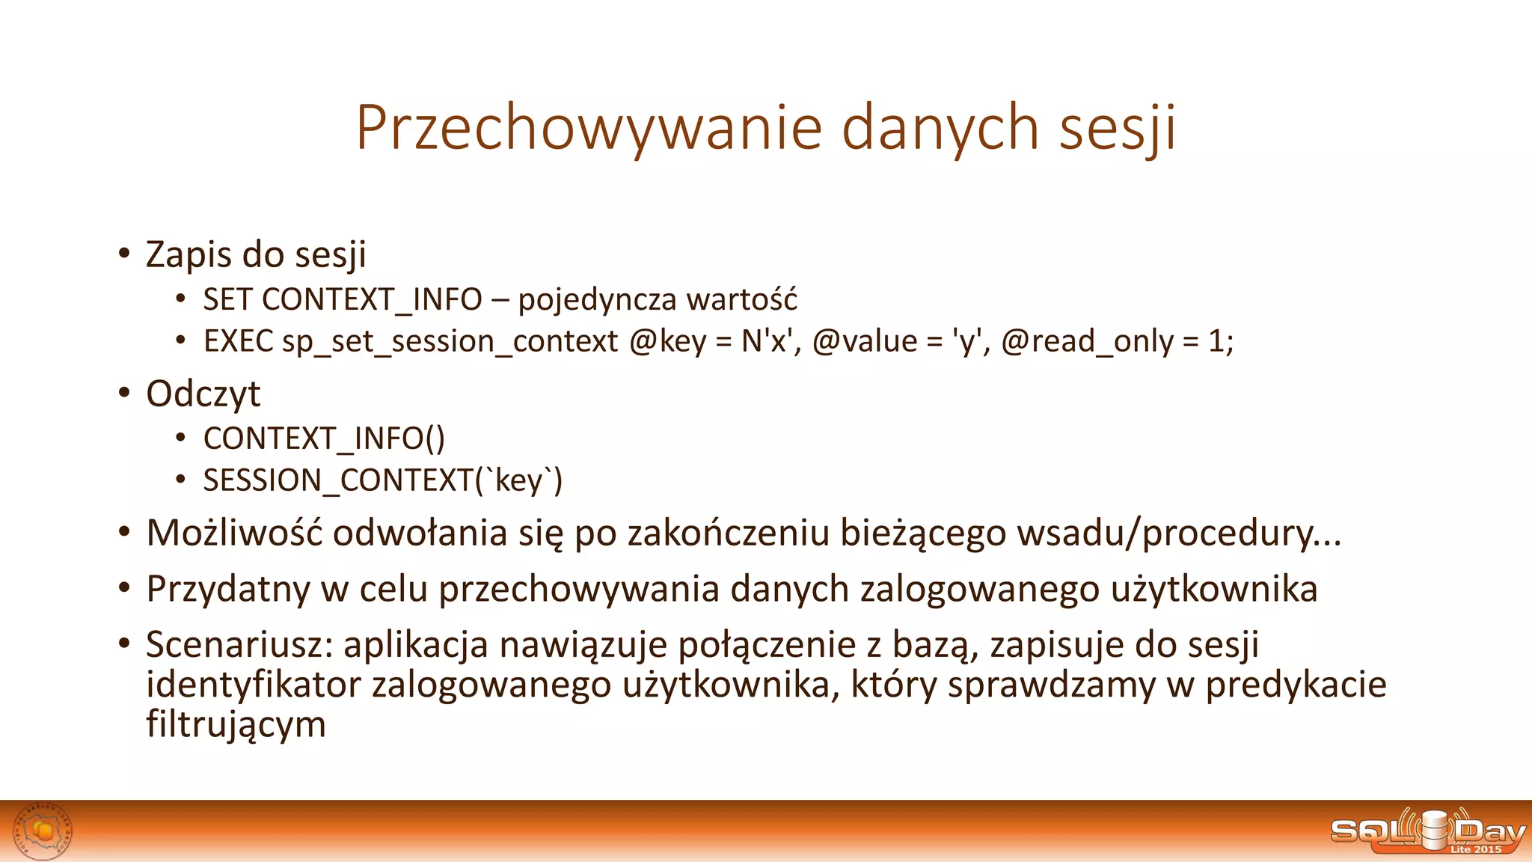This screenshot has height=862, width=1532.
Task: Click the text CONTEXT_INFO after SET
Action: [372, 300]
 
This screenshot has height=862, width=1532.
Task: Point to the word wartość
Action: [742, 300]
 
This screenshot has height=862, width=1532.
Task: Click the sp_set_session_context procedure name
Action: [450, 342]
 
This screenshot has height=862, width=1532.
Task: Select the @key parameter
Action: [667, 342]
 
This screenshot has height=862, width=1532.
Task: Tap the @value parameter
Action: [865, 342]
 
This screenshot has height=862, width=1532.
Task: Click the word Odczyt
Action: [203, 394]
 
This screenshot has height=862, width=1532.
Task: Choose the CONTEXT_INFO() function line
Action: [324, 438]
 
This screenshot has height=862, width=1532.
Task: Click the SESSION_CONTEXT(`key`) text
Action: [382, 480]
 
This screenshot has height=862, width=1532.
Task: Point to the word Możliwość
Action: [234, 534]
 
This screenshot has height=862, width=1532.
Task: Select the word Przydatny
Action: [227, 589]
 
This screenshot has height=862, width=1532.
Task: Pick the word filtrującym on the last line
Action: [236, 724]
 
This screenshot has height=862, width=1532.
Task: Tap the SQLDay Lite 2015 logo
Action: [1427, 831]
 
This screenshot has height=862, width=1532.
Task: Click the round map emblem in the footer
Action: [44, 831]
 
